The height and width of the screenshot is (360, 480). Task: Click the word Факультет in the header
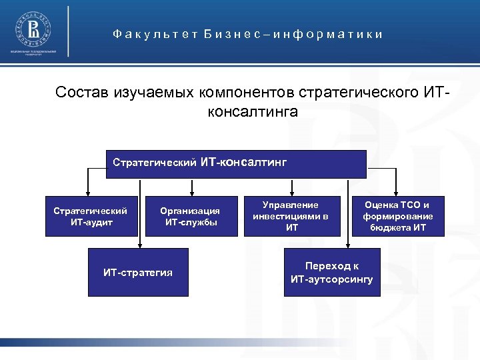[143, 34]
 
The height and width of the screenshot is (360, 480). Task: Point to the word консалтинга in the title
[253, 111]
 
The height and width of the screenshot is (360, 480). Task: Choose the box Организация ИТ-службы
[191, 216]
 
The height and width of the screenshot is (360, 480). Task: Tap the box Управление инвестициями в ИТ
[291, 216]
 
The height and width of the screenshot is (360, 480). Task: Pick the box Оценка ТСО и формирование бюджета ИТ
[397, 216]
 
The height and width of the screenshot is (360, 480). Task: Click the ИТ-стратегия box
[138, 272]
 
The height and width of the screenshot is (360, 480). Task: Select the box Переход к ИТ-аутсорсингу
[331, 272]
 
